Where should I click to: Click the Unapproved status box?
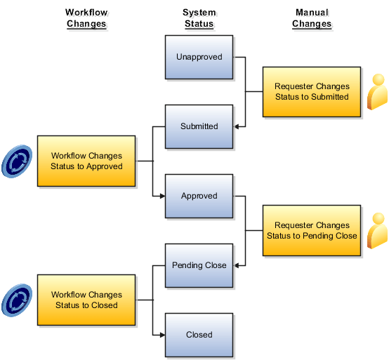(x=199, y=57)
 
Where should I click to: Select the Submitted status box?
(x=199, y=126)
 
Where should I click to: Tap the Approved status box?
(x=199, y=196)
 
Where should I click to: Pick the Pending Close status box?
(x=199, y=265)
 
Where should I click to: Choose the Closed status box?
(x=199, y=335)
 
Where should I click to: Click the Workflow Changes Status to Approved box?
(x=86, y=161)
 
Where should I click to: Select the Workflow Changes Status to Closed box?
(x=86, y=300)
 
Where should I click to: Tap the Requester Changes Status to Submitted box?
(x=312, y=91)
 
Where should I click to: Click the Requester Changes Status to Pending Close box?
(x=312, y=230)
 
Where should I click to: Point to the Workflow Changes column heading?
(x=86, y=18)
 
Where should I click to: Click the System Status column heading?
(x=199, y=18)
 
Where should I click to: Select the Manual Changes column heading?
(x=311, y=18)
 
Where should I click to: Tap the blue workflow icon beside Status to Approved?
(x=16, y=161)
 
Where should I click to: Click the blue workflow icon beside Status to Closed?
(x=16, y=300)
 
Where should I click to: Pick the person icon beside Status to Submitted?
(x=377, y=91)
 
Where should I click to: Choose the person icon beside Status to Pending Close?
(x=377, y=230)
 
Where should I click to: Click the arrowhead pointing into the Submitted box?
(x=237, y=126)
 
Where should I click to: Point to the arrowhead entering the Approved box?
(x=161, y=196)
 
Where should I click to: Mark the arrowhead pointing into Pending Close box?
(x=237, y=265)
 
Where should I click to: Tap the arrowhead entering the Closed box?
(x=161, y=335)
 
